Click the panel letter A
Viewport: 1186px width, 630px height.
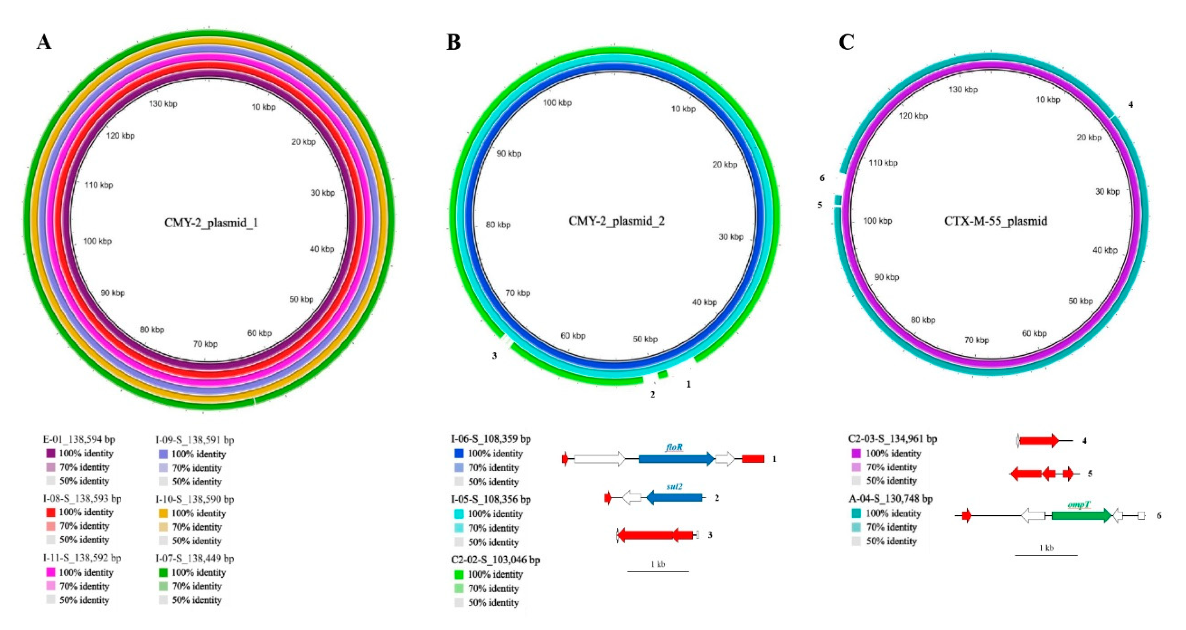[x=44, y=42]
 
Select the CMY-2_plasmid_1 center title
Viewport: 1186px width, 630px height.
[x=211, y=223]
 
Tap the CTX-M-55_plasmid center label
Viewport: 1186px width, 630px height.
[x=995, y=221]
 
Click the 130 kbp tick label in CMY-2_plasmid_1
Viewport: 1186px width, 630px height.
[x=163, y=104]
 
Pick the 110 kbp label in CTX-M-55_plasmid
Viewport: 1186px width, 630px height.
[x=883, y=163]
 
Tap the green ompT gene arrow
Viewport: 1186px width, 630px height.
[x=1081, y=515]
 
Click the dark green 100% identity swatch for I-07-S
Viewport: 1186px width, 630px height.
[x=163, y=572]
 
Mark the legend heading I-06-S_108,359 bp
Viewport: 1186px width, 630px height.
[x=491, y=439]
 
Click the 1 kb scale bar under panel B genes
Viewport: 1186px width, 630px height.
[x=658, y=571]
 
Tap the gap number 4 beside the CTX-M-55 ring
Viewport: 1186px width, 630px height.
[x=1131, y=105]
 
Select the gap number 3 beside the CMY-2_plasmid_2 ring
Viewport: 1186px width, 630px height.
[x=495, y=356]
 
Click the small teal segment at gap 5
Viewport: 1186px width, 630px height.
[x=838, y=200]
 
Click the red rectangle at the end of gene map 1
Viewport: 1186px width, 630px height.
[x=753, y=459]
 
